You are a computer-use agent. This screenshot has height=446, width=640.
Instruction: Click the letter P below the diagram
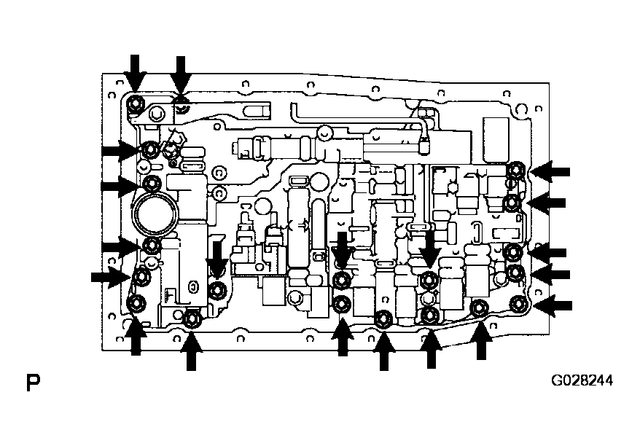tap(33, 383)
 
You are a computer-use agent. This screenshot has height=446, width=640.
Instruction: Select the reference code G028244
tap(582, 380)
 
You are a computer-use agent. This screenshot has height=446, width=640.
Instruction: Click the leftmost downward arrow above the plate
tap(135, 74)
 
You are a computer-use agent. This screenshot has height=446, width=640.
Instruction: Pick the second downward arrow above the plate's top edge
tap(180, 76)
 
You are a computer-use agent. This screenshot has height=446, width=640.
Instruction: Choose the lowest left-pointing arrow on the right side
tap(553, 305)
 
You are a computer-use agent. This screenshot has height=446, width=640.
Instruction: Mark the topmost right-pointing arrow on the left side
tap(121, 151)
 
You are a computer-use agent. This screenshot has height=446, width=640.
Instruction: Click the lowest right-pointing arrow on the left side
tap(111, 278)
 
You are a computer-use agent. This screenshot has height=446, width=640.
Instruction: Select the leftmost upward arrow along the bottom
tap(136, 337)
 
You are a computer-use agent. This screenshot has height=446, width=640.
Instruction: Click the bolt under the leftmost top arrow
tap(135, 103)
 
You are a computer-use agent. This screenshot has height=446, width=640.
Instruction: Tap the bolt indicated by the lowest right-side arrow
tap(519, 304)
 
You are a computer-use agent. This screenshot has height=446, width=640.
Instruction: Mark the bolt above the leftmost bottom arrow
tap(135, 304)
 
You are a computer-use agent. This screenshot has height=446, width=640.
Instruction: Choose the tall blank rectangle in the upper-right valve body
tap(496, 139)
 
